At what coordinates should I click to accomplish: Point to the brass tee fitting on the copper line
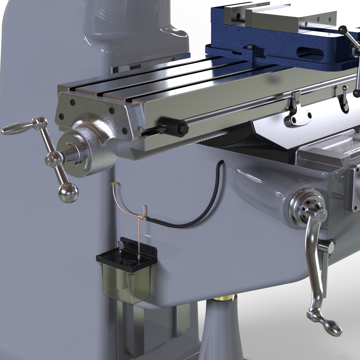[141, 217]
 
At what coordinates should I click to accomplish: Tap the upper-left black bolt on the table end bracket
[72, 103]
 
